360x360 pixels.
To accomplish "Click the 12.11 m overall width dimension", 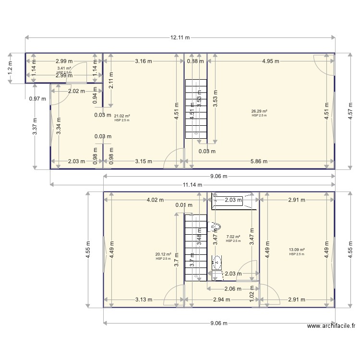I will click(180, 37).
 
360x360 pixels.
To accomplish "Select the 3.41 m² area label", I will click(64, 69).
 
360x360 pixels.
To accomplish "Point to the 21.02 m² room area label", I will click(122, 116).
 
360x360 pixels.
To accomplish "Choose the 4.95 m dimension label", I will click(271, 61).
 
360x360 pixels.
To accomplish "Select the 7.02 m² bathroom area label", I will click(233, 236).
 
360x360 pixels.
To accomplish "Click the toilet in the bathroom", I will click(216, 226).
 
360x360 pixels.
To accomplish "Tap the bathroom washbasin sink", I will click(216, 262).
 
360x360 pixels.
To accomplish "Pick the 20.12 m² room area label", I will click(163, 254).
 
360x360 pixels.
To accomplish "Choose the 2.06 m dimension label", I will click(233, 288).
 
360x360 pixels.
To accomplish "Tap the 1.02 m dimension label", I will click(252, 293).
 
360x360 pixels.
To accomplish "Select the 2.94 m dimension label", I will click(220, 300).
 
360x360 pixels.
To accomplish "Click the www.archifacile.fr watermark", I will click(331, 326).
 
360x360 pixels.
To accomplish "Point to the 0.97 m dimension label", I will click(37, 99).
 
